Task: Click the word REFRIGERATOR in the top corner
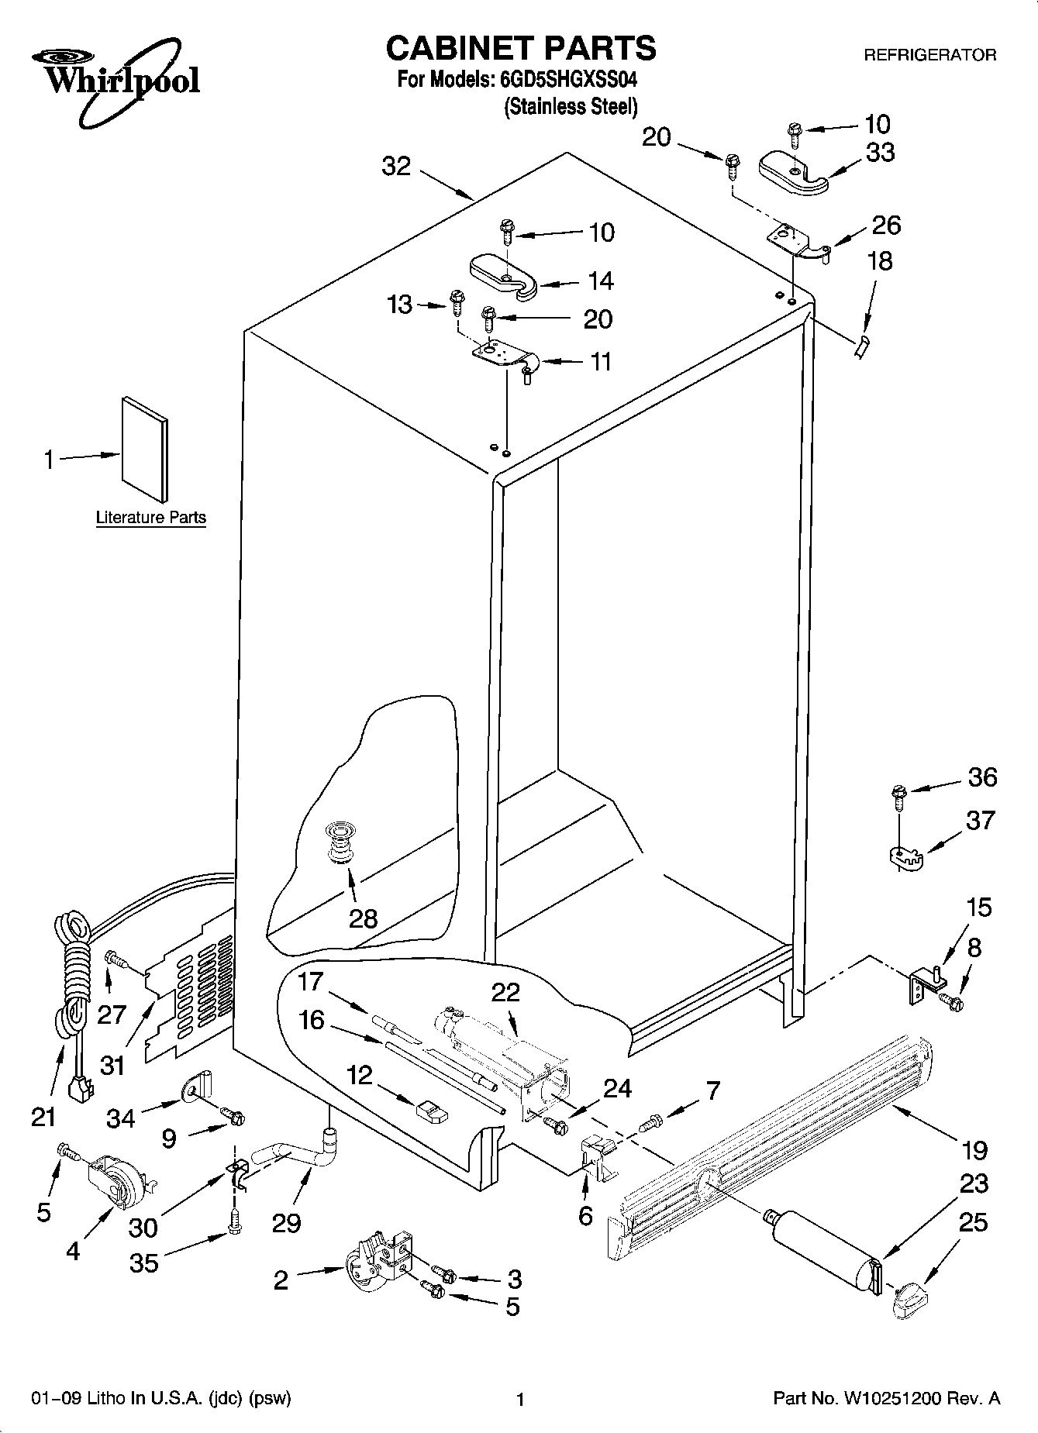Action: (930, 56)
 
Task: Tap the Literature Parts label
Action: (151, 518)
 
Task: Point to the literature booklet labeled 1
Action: (144, 450)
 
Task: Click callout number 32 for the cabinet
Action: (396, 166)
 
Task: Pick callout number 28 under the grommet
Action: (363, 918)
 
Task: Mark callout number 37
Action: (979, 820)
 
